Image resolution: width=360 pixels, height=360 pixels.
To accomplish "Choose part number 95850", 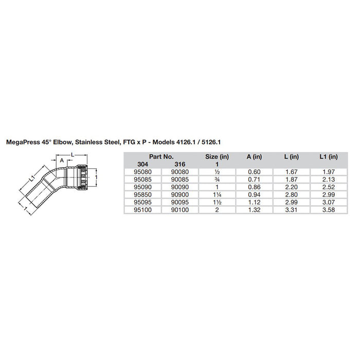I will click(138, 195).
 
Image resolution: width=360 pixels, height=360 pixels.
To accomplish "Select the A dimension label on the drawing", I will click(62, 160).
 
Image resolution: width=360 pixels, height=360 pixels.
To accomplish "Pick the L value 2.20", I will click(291, 187).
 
